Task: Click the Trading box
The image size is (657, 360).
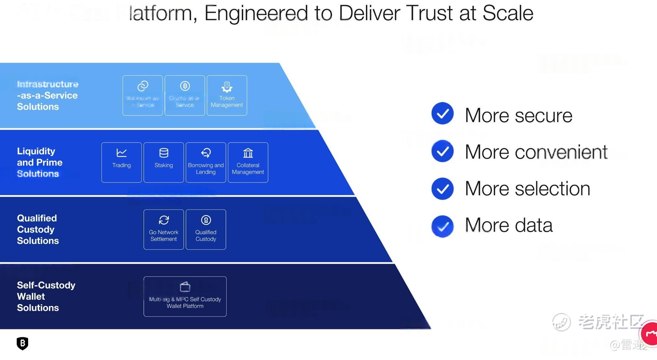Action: tap(122, 162)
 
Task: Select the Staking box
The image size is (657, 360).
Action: tap(164, 162)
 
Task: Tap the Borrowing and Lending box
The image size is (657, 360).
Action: tap(206, 162)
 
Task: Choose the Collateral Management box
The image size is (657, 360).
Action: tap(248, 162)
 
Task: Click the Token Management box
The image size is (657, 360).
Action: tap(227, 95)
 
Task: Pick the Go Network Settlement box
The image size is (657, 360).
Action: tap(164, 230)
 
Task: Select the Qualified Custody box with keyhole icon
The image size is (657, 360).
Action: tap(206, 230)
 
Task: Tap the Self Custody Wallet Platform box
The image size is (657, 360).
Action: tap(185, 296)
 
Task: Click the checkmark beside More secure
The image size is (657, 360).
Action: tap(442, 113)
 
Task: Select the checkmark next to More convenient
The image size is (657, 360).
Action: tap(442, 151)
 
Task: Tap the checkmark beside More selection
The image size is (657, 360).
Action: tap(442, 189)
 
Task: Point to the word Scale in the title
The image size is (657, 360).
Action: tap(508, 13)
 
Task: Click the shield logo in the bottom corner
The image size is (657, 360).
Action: tap(22, 343)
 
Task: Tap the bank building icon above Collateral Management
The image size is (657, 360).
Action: tap(248, 153)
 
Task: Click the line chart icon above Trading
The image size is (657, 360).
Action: tap(122, 153)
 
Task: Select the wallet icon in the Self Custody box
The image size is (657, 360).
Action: tap(185, 287)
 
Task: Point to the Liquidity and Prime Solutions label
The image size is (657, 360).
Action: tap(39, 162)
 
